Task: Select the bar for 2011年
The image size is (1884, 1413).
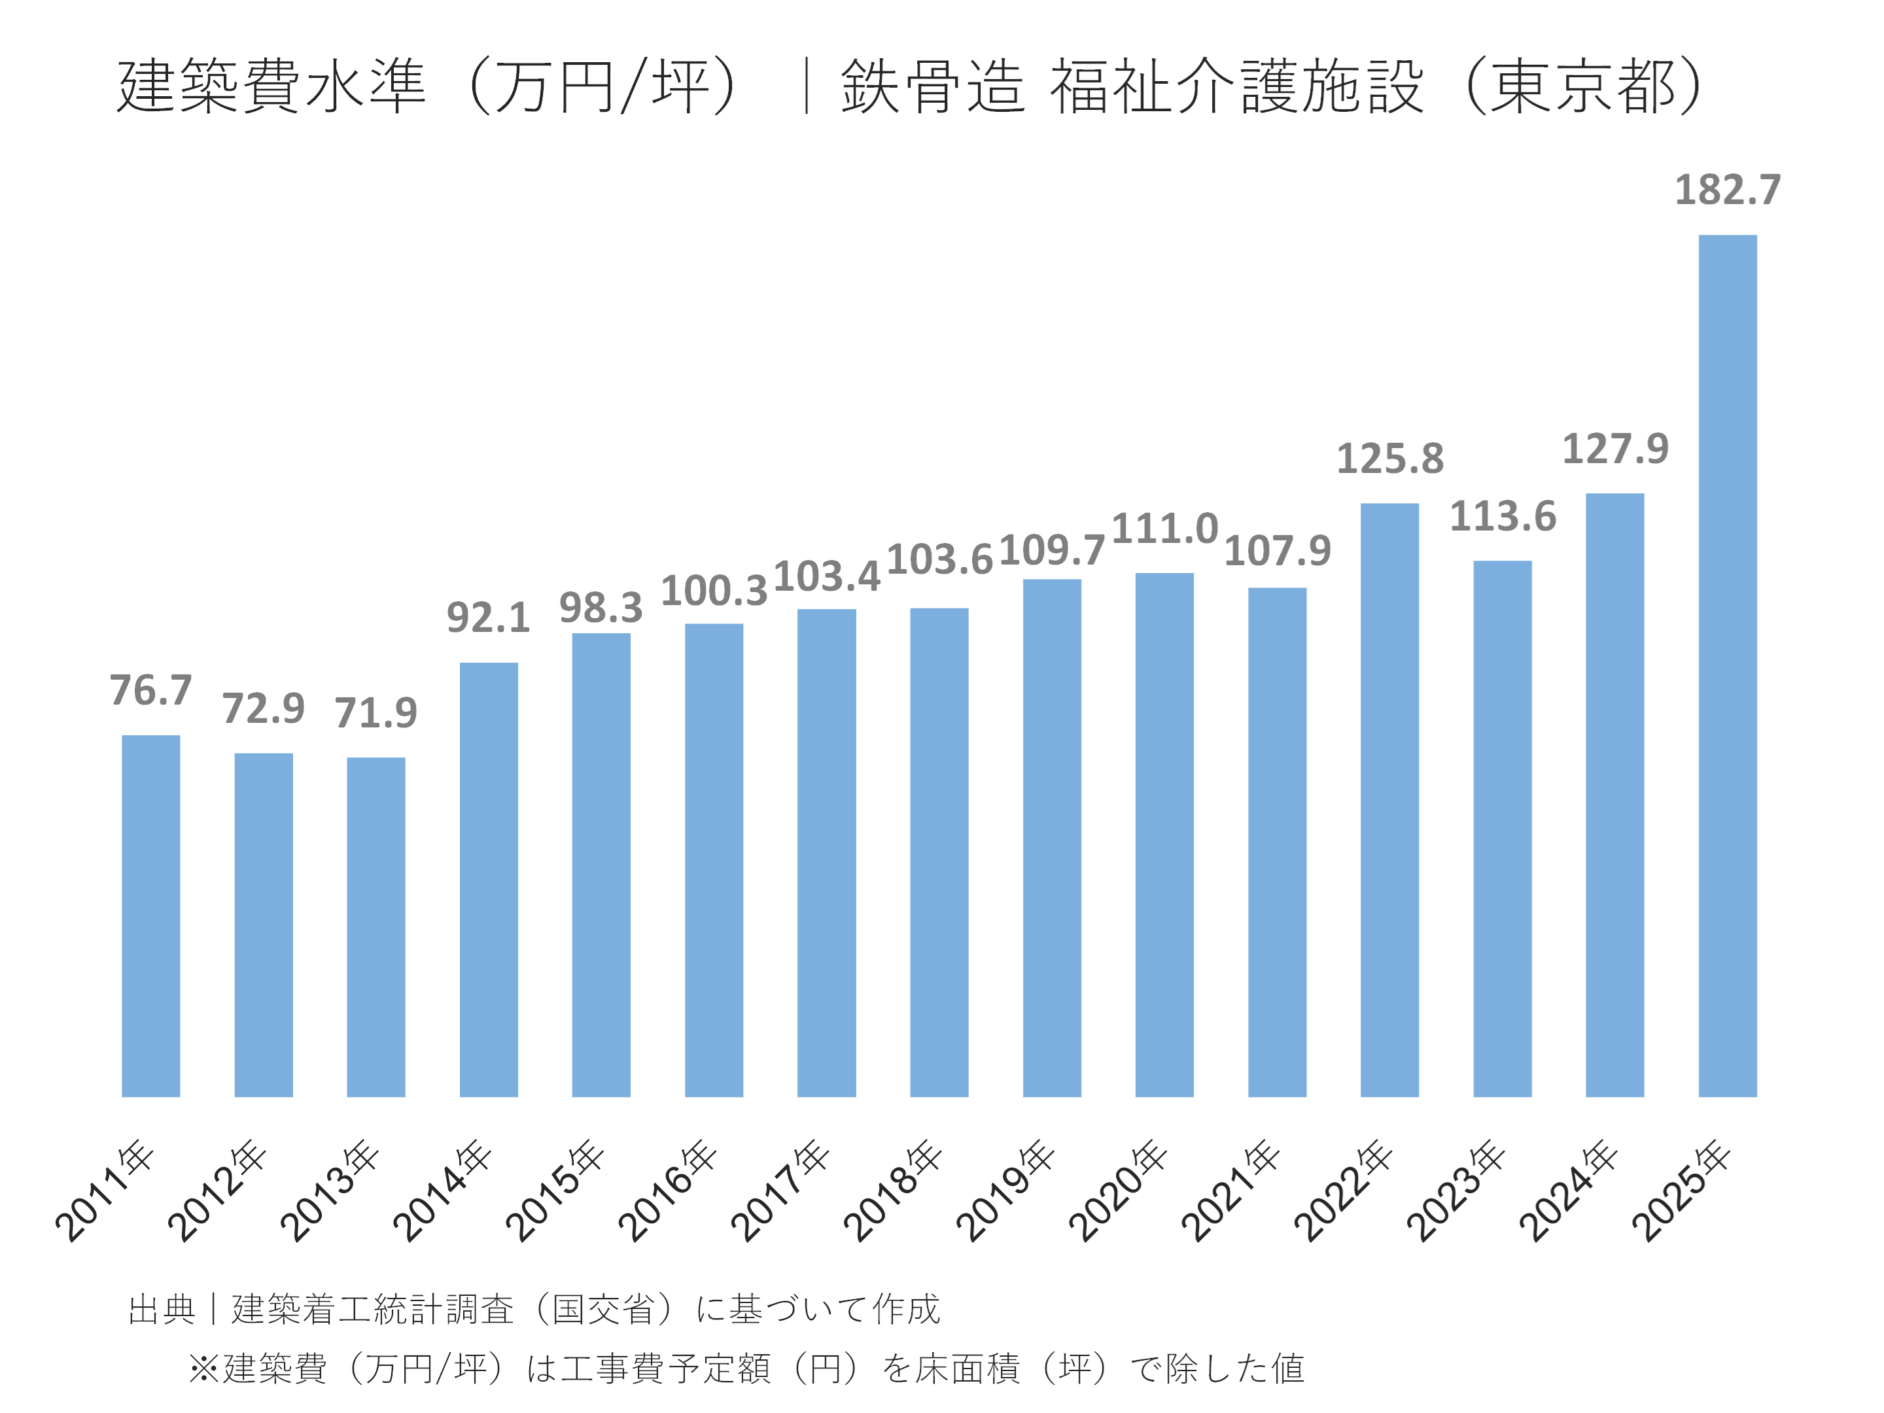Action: click(x=150, y=916)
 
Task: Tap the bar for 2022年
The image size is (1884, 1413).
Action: click(x=1389, y=800)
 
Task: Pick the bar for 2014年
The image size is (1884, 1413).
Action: click(x=489, y=879)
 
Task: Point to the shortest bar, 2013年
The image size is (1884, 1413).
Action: click(x=375, y=927)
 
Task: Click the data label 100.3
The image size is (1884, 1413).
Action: click(x=714, y=590)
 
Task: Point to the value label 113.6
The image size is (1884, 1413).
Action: click(x=1503, y=516)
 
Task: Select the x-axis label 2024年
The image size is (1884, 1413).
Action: click(x=1569, y=1191)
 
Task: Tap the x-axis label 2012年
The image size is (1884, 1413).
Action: click(x=217, y=1191)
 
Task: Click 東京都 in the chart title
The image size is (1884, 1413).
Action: click(x=1582, y=86)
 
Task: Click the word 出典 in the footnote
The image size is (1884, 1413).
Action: click(x=161, y=1309)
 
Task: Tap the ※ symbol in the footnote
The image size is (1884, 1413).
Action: click(x=203, y=1369)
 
